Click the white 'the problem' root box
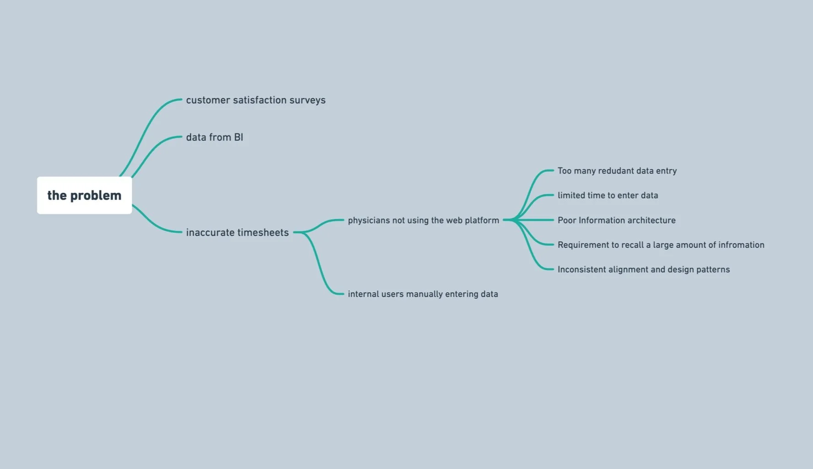(x=84, y=196)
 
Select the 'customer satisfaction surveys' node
(x=255, y=100)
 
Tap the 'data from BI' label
(x=214, y=137)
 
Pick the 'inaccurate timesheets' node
(x=237, y=233)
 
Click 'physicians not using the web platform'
(x=423, y=220)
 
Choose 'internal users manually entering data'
(x=423, y=294)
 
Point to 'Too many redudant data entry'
(x=617, y=171)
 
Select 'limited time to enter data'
(x=608, y=196)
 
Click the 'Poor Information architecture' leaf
(x=616, y=220)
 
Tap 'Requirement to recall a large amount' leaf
(x=661, y=245)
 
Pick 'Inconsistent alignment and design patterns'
(x=643, y=270)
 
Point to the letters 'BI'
(x=238, y=137)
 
